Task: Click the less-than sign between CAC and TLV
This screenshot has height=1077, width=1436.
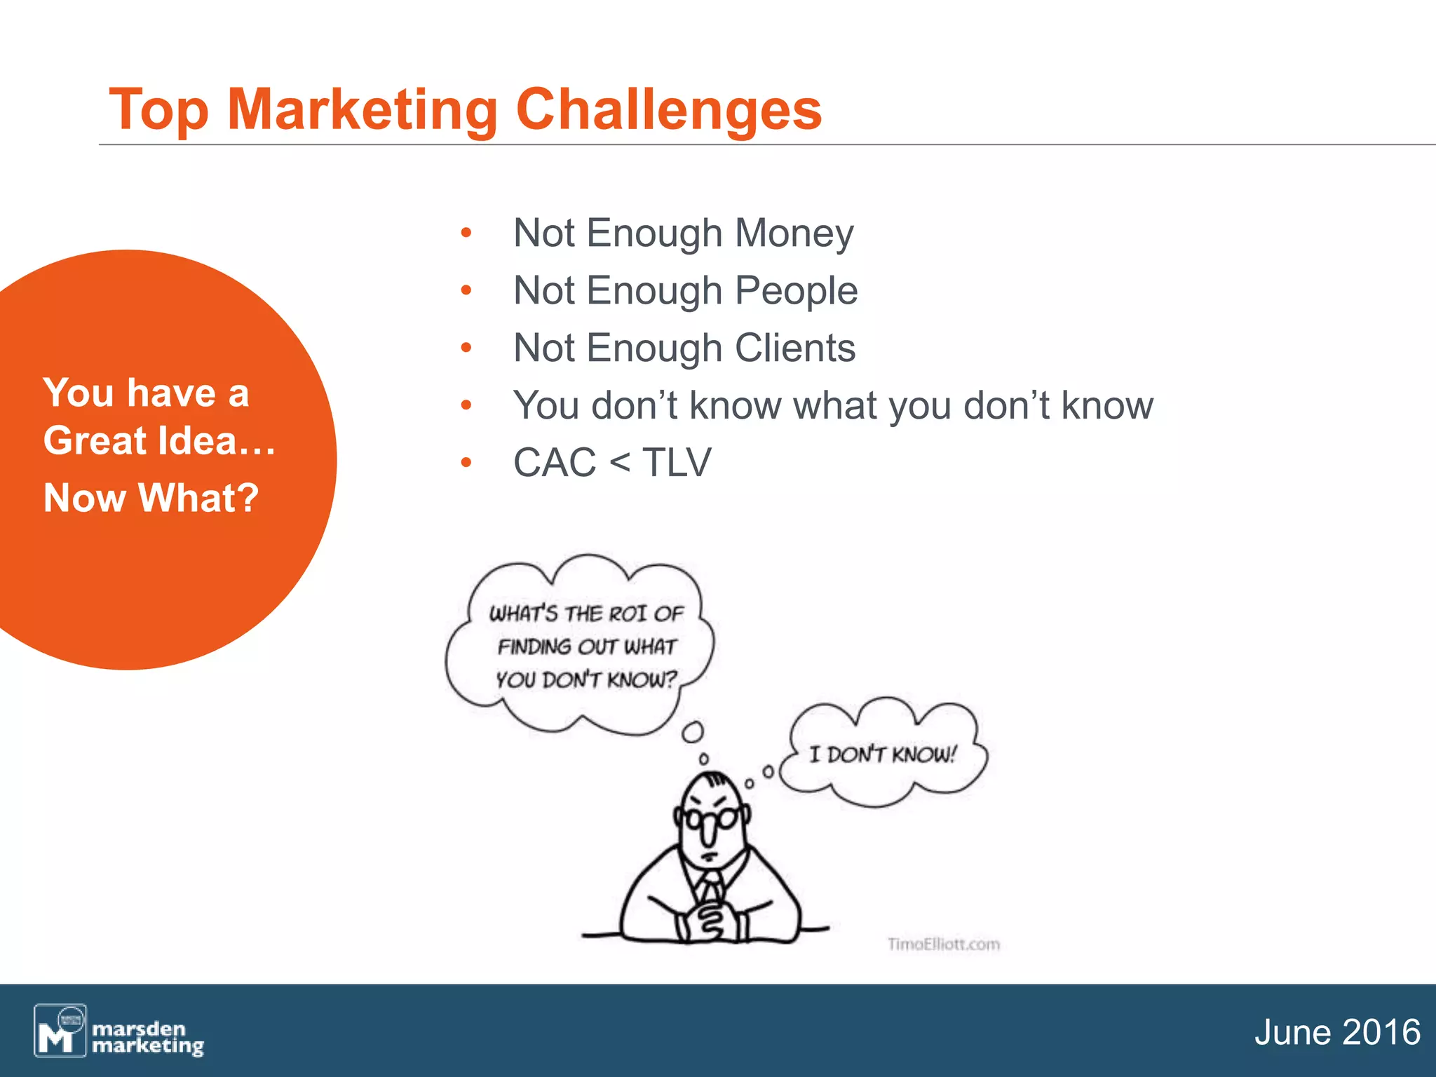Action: click(619, 463)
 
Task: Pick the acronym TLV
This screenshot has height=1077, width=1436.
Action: click(677, 463)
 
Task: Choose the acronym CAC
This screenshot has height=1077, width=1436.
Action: click(554, 463)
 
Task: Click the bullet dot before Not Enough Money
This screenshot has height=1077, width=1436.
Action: click(466, 233)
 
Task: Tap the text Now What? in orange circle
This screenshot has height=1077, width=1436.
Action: click(151, 498)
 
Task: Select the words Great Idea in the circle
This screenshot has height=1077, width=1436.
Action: click(140, 441)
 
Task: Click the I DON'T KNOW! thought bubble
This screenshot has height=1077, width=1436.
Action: click(882, 754)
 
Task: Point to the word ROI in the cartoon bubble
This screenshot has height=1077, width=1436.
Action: click(627, 614)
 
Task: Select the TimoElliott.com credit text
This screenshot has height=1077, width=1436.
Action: click(943, 944)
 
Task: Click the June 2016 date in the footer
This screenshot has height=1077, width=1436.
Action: click(1336, 1032)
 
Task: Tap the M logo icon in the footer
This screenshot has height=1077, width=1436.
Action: click(60, 1031)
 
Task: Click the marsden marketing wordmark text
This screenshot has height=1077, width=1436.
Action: click(147, 1038)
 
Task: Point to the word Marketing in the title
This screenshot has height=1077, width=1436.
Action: click(363, 110)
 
